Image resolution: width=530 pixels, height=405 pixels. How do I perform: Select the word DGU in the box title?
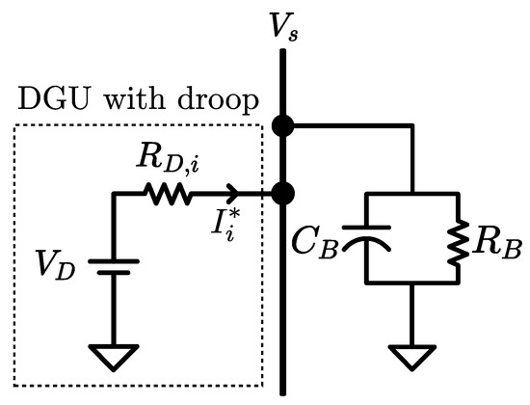click(x=46, y=100)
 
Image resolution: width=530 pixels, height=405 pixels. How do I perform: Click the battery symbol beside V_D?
click(x=115, y=267)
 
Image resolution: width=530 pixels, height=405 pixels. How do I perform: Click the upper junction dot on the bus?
click(x=283, y=125)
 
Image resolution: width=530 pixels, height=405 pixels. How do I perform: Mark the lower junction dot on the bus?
click(x=283, y=193)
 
